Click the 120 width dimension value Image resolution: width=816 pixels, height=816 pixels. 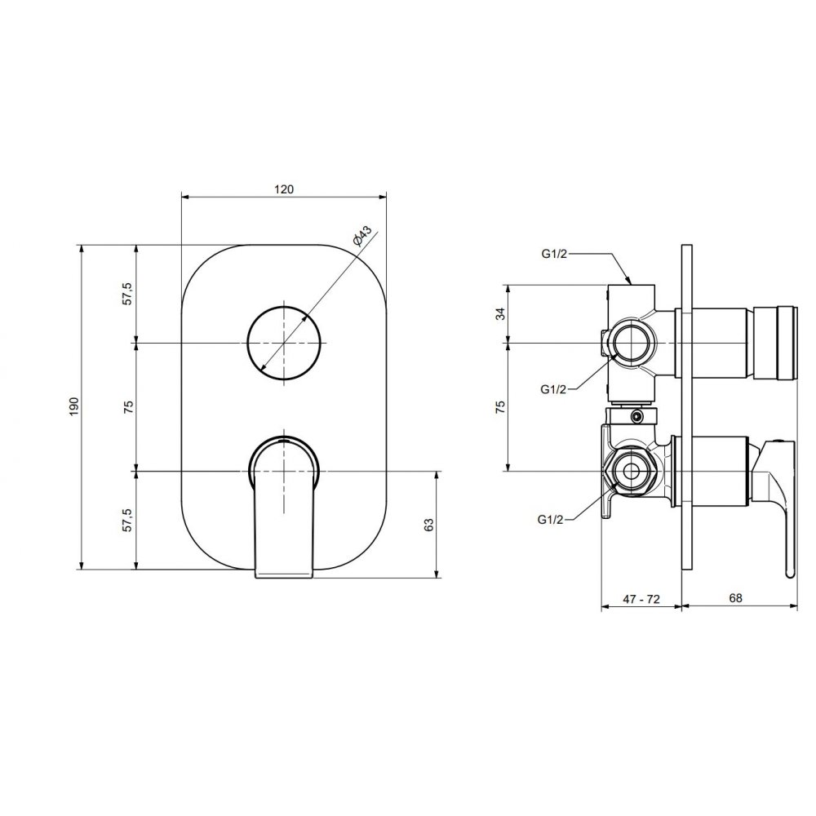284,189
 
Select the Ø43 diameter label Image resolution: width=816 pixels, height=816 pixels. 361,236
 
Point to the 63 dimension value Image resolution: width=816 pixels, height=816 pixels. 429,525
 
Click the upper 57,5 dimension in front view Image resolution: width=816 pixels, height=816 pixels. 128,294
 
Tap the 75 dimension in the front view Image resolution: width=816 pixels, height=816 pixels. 128,406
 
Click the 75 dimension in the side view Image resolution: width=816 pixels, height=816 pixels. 499,406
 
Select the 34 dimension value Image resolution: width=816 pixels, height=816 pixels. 499,314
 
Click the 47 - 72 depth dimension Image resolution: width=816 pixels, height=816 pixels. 641,599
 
